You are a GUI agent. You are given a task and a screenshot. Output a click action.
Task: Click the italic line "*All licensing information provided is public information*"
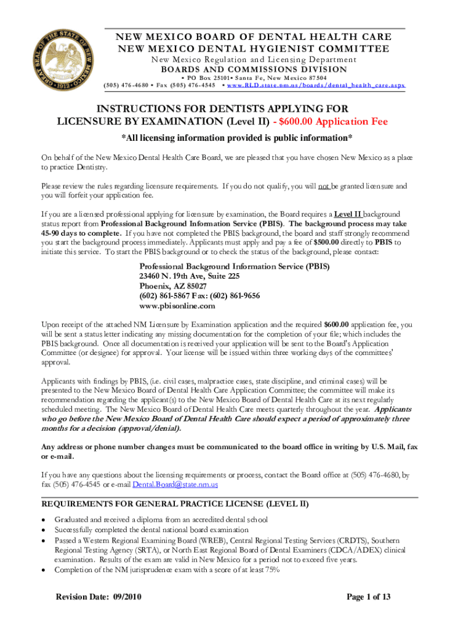point(237,137)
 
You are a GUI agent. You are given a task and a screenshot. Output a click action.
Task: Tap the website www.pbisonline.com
point(177,306)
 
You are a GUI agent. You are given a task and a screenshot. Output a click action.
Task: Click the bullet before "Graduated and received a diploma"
point(44,520)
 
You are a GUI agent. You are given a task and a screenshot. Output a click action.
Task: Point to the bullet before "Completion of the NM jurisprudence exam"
point(44,570)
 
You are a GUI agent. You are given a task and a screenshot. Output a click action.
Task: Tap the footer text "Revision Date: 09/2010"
point(102,597)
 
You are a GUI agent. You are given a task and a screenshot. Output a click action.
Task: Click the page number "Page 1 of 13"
point(369,597)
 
